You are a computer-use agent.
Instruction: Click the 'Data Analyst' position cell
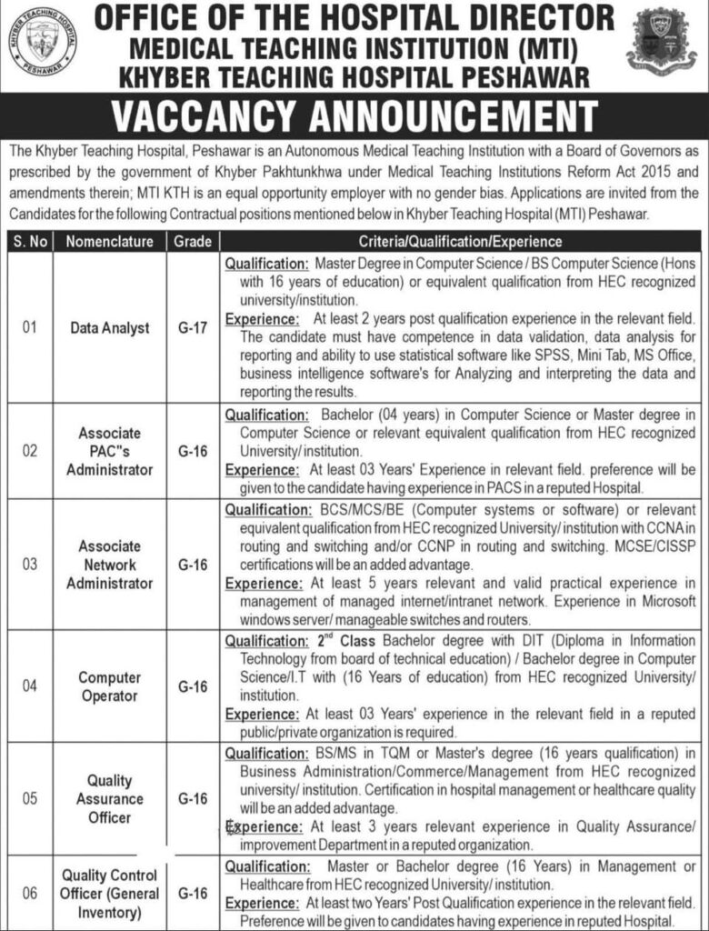110,327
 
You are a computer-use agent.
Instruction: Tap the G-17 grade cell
192,327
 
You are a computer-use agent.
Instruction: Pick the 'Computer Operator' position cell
110,686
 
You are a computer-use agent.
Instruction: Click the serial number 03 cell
30,565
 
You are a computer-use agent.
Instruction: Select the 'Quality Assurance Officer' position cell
110,798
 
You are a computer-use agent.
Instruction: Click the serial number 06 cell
30,892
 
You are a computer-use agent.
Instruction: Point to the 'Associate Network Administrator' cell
110,565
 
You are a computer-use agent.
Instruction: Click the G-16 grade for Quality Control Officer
192,892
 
